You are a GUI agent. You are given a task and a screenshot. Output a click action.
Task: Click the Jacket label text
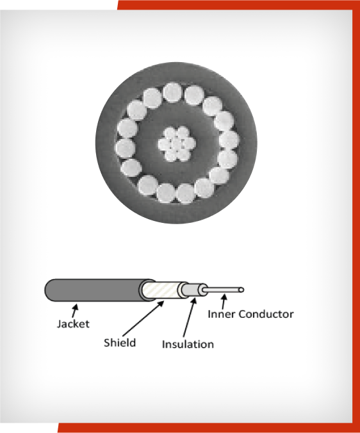click(x=73, y=324)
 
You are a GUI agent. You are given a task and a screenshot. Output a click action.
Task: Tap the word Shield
click(x=120, y=343)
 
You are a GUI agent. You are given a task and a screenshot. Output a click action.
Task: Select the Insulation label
click(x=188, y=344)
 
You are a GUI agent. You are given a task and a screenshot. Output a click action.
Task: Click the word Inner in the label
click(x=222, y=314)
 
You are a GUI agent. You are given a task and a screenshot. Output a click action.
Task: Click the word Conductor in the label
click(x=266, y=314)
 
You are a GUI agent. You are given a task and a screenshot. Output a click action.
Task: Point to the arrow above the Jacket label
click(x=75, y=311)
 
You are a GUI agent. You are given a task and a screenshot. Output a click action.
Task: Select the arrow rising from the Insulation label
click(x=190, y=317)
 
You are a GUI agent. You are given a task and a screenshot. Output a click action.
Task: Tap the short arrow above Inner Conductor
click(x=224, y=302)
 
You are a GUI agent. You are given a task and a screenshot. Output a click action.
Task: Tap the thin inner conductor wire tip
click(x=241, y=290)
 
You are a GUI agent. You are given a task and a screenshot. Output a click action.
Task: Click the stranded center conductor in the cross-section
click(x=177, y=143)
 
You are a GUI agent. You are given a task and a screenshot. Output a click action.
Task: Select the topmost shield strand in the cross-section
click(x=173, y=92)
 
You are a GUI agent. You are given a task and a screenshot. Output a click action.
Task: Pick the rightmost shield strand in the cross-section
click(x=229, y=140)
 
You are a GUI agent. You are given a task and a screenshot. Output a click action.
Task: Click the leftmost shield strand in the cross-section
click(x=126, y=149)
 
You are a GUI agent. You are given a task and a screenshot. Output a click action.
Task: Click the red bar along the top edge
click(x=238, y=5)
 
